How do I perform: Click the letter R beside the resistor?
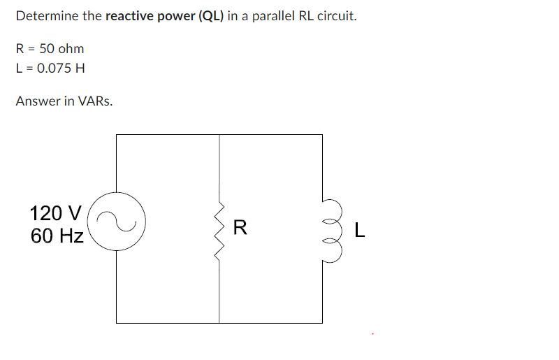click(x=240, y=227)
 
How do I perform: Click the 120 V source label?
click(x=56, y=212)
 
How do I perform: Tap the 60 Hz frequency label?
click(x=57, y=236)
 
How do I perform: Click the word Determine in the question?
click(x=48, y=15)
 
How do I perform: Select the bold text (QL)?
click(x=212, y=15)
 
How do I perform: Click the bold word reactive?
click(x=128, y=15)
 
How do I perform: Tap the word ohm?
click(x=71, y=49)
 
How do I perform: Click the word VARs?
click(x=96, y=101)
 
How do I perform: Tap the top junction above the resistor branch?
click(x=220, y=135)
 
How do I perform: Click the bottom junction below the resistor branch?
click(x=220, y=322)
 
